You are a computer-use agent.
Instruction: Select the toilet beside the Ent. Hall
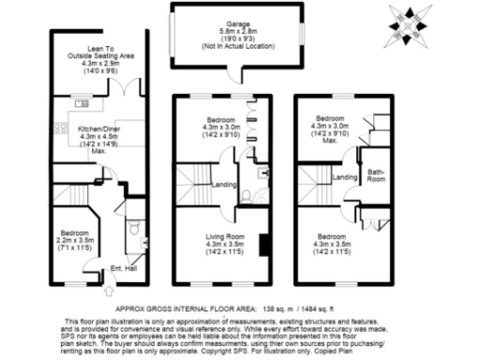pos(134,227)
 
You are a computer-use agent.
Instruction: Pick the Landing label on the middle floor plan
pos(223,185)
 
